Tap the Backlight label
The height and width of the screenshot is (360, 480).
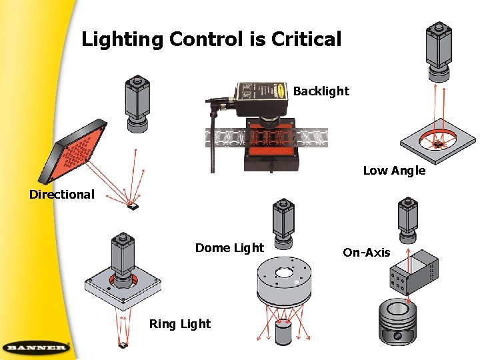321,91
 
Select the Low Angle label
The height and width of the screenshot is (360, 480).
393,171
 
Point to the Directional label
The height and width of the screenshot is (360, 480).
62,195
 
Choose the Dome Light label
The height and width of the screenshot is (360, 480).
229,248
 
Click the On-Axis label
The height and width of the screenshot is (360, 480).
366,253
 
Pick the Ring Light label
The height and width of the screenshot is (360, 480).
179,324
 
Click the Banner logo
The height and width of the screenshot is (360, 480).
36,347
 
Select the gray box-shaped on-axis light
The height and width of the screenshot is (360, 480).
413,273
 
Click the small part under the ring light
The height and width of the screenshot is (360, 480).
124,345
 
